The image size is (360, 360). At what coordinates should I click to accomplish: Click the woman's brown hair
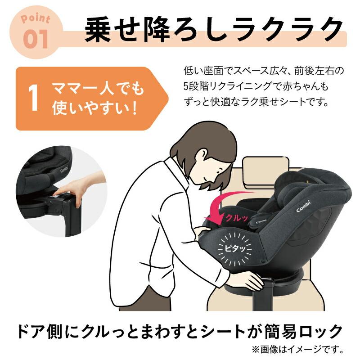tap(198, 144)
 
